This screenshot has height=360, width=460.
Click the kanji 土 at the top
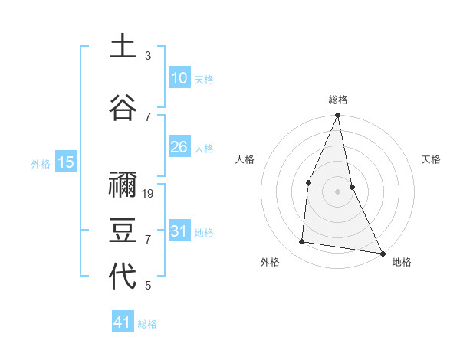coord(123,46)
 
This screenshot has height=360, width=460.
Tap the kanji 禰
coord(123,186)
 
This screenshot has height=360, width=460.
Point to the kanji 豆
coord(123,230)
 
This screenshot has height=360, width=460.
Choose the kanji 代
coord(123,276)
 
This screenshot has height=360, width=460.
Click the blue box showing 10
coord(179,78)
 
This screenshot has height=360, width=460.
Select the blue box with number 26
coord(179,147)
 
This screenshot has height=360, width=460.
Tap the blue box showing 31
coord(179,231)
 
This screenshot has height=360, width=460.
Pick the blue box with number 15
coord(65,162)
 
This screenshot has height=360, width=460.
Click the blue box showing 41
coord(123,322)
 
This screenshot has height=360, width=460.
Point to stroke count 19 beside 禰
coord(149,194)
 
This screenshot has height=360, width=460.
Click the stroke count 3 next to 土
coord(148,56)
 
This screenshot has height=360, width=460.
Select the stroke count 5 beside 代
coord(148,286)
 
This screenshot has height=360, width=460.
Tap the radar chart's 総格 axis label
coord(338,100)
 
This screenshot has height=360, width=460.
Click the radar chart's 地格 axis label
coord(402,262)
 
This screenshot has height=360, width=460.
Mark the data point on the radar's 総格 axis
coord(337,116)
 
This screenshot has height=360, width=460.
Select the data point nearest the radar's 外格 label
coord(302,242)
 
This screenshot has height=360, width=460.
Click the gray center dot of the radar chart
coord(337,191)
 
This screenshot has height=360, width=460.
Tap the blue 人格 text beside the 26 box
coord(204,148)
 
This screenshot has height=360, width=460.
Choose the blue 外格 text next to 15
coord(41,163)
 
